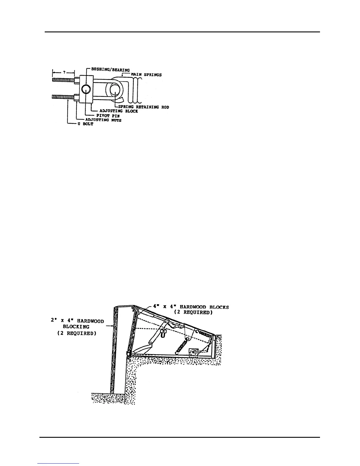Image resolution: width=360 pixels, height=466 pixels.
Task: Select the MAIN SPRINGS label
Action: coord(146,75)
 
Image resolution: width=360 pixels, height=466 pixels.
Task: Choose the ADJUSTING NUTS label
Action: coord(103,120)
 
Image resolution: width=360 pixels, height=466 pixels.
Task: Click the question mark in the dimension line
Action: coord(63,72)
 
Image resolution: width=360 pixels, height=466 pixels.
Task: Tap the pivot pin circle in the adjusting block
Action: coord(86,89)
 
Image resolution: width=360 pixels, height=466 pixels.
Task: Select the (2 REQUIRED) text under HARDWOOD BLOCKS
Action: coord(193,312)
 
